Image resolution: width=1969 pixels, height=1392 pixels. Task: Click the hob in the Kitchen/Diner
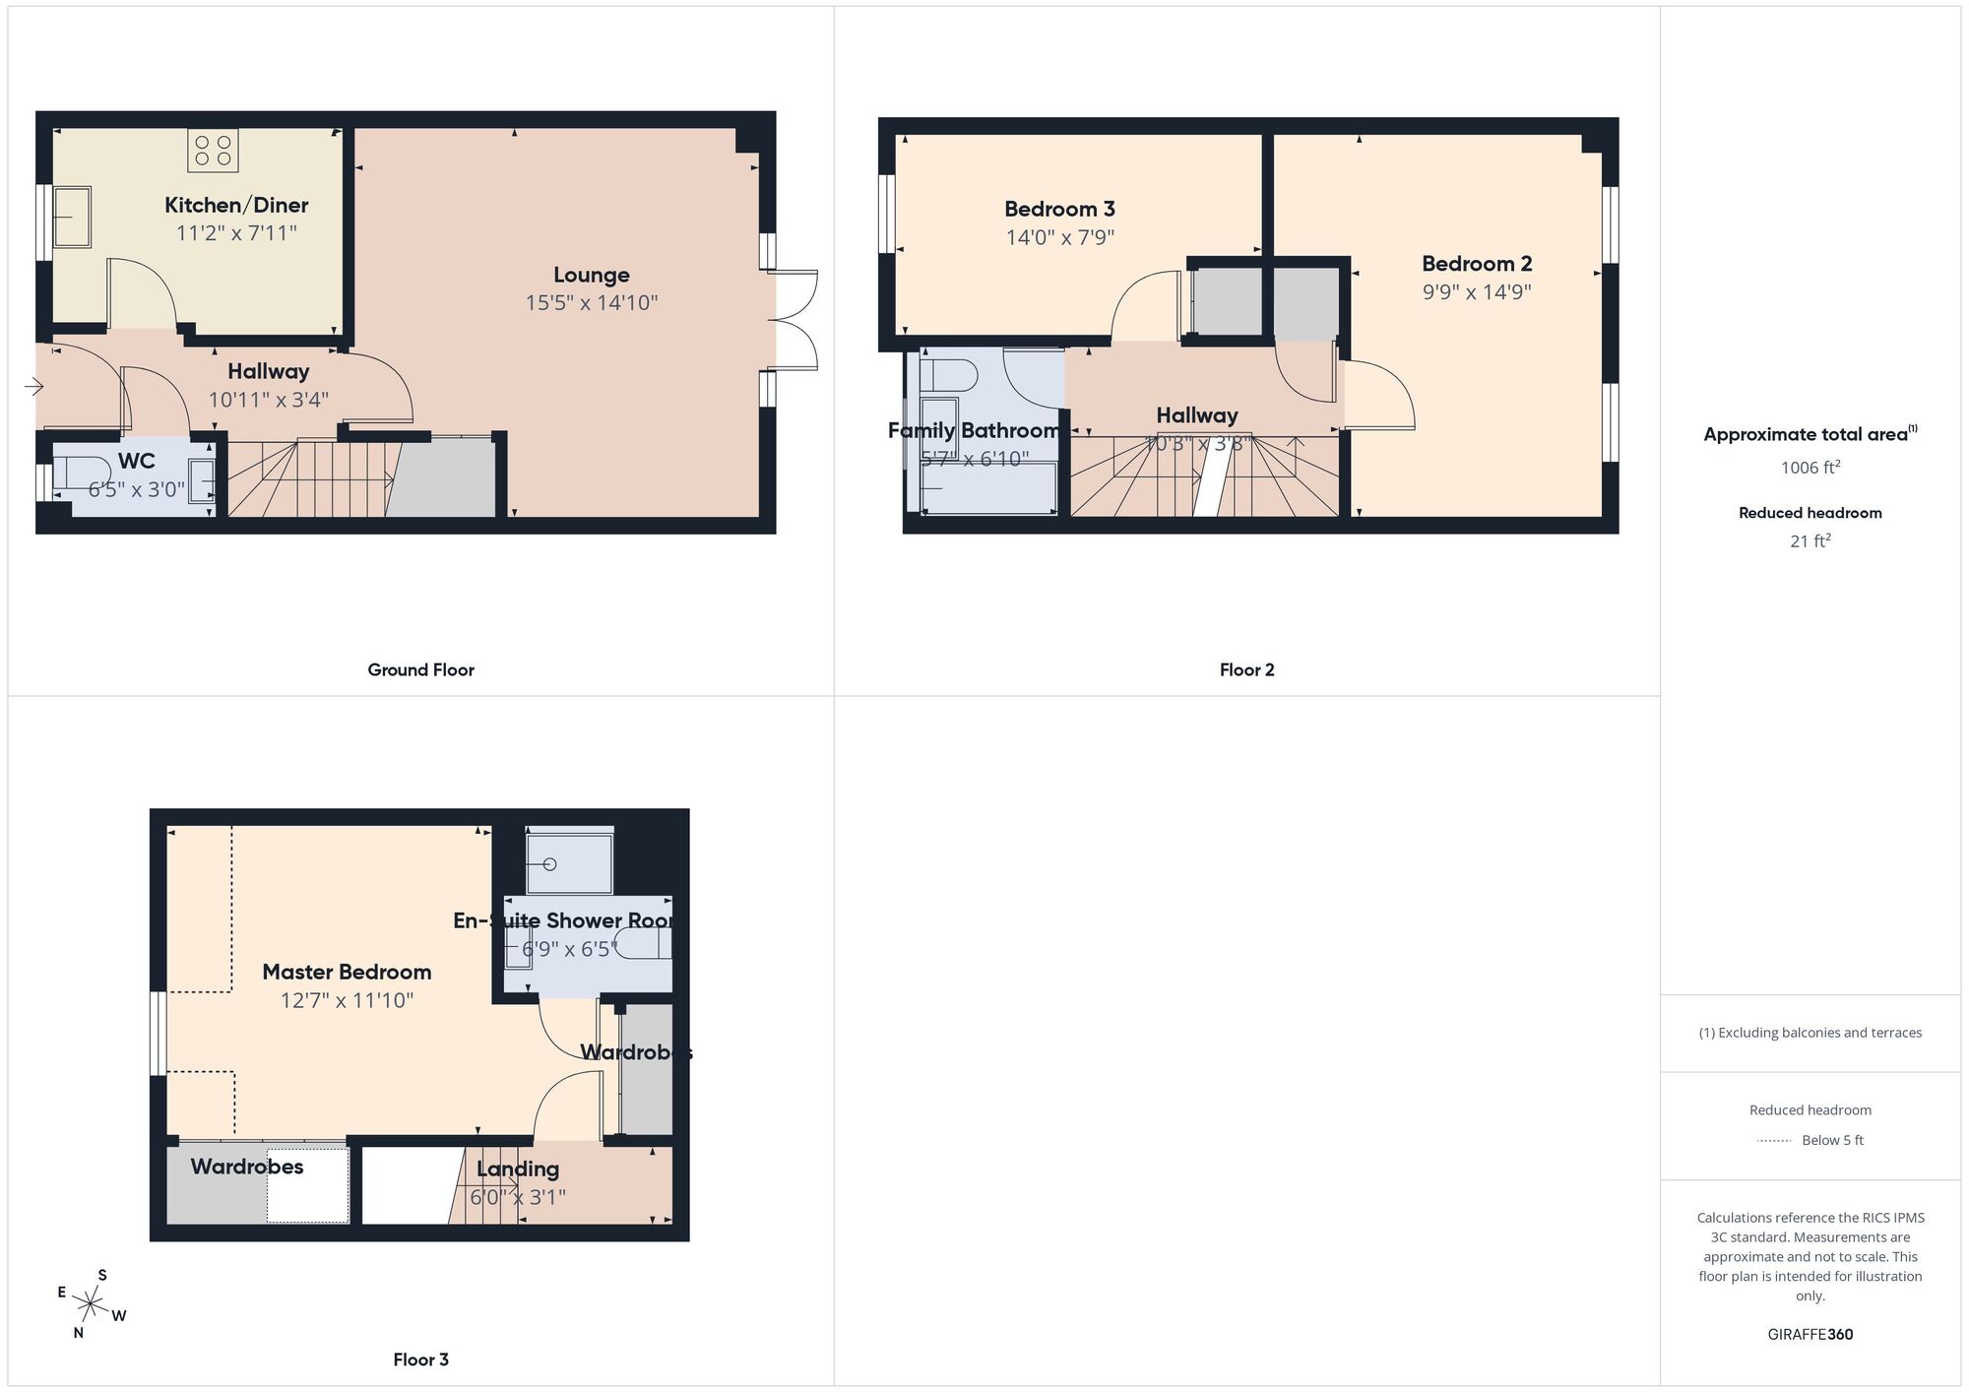pos(213,150)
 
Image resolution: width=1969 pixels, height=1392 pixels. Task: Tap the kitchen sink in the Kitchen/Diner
pos(71,218)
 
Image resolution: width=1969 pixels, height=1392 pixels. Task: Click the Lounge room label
pos(591,276)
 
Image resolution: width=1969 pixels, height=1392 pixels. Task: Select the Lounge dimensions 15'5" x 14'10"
pos(591,303)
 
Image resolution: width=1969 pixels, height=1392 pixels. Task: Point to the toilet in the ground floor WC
pos(79,472)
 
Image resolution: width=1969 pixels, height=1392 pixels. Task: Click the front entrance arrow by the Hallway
pos(33,388)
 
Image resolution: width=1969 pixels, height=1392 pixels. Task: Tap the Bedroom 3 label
pos(1059,210)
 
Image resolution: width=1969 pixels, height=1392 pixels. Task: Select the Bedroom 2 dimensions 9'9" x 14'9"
pos(1476,292)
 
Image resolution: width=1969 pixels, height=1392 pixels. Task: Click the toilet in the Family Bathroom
pos(951,376)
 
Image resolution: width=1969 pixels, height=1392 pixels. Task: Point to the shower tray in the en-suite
pos(569,863)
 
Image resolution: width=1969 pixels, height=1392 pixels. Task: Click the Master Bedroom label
pos(347,973)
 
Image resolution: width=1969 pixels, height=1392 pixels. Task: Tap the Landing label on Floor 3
pos(518,1170)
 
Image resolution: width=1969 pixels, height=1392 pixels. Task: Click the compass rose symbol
pos(91,1305)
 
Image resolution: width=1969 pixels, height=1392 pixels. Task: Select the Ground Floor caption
pos(420,670)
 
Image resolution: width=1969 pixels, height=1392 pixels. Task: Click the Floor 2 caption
pos(1246,670)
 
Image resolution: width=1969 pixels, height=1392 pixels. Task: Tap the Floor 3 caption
pos(420,1360)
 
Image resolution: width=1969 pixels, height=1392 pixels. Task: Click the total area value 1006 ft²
pos(1810,468)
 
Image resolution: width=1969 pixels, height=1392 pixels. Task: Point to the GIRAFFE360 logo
pos(1810,1335)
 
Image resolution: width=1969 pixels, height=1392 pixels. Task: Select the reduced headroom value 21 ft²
pos(1810,540)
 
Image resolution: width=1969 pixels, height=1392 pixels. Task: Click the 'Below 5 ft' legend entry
pos(1831,1141)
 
